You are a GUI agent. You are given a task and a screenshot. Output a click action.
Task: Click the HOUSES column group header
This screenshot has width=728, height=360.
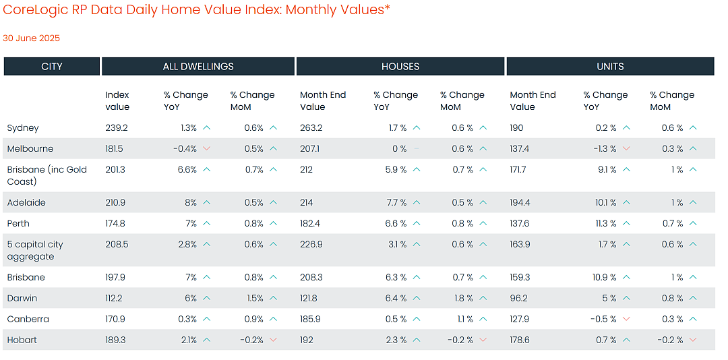[x=400, y=67]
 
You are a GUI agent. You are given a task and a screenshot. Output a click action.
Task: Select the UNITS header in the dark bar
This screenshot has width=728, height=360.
[x=610, y=67]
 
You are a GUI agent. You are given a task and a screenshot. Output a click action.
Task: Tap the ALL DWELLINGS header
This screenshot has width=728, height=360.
[x=198, y=67]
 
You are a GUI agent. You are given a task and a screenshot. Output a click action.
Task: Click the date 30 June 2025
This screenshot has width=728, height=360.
[x=32, y=38]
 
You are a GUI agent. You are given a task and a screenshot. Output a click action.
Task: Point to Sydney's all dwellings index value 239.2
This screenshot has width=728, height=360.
[x=117, y=127]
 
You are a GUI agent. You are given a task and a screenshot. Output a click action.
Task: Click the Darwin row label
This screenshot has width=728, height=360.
[x=22, y=298]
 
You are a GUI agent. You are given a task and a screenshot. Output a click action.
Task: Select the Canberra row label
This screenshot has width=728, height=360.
[x=28, y=319]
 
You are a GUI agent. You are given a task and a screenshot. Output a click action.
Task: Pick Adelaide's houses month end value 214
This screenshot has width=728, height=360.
[x=307, y=202]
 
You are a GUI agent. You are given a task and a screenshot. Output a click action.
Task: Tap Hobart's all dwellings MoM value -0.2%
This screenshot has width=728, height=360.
[x=252, y=340]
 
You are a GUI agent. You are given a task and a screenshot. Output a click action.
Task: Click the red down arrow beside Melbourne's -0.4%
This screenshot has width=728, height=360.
[x=207, y=148]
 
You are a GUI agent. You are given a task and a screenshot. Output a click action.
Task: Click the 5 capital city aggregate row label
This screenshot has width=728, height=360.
[x=35, y=250]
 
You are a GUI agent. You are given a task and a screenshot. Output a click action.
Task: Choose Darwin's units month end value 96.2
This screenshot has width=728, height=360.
[x=518, y=298]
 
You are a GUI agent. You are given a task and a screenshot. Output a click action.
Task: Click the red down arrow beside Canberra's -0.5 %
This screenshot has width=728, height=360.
[x=626, y=319]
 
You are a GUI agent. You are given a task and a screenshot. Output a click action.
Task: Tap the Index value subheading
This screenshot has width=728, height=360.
[x=117, y=101]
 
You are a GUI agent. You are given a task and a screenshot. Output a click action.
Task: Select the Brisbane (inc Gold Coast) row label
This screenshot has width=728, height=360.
[x=47, y=175]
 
